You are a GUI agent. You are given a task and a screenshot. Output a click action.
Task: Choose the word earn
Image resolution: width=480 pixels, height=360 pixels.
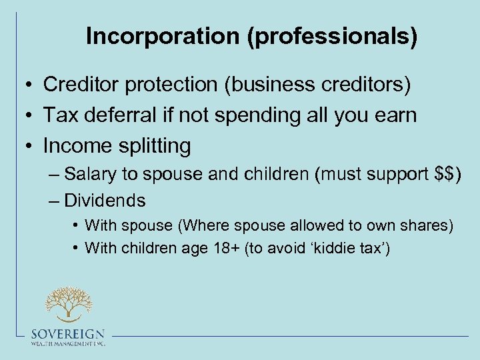(x=395, y=115)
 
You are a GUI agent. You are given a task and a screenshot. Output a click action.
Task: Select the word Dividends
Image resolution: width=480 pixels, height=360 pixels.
(x=105, y=200)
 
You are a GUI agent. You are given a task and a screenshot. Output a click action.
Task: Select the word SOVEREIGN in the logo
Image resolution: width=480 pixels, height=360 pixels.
(x=67, y=334)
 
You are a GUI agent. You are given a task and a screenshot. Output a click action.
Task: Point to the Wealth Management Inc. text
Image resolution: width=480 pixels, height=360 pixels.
(x=67, y=343)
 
